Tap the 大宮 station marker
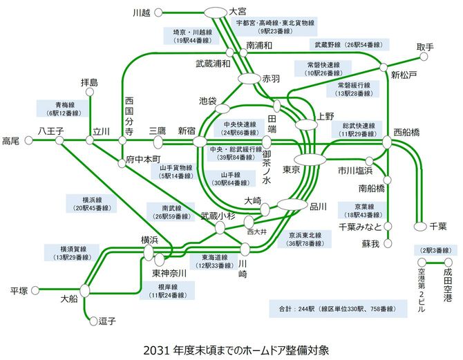(x=216, y=12)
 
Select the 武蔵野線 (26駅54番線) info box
(x=348, y=44)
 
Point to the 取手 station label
(x=426, y=47)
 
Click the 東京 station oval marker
(x=313, y=160)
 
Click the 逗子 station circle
(x=95, y=320)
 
